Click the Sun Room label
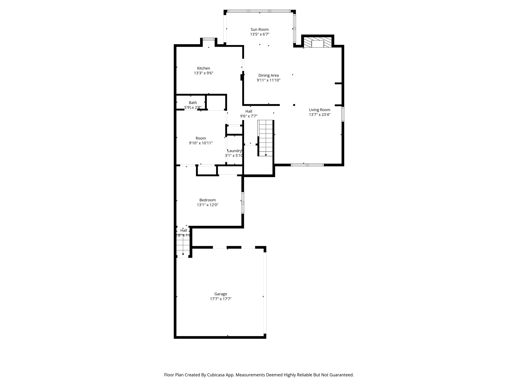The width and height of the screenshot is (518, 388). [260, 30]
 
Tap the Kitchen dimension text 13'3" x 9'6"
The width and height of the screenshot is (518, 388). [204, 73]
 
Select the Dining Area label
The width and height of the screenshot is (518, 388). [268, 76]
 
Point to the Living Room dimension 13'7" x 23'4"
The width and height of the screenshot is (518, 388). [319, 115]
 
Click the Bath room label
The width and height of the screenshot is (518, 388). [193, 103]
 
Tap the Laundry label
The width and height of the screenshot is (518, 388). [234, 151]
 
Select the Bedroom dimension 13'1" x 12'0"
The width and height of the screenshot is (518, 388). [207, 205]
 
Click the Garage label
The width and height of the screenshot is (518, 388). [221, 294]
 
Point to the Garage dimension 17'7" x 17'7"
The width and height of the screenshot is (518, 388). [221, 299]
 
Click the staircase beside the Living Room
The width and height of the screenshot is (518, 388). [266, 138]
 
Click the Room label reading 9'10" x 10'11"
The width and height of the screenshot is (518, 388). [201, 143]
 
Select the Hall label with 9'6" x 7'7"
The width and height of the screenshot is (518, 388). [249, 111]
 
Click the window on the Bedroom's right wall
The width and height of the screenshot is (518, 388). [243, 203]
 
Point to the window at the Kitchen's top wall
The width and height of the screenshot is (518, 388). [209, 39]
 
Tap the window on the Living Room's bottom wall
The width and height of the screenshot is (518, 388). [307, 165]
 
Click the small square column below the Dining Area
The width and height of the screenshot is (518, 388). [294, 105]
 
